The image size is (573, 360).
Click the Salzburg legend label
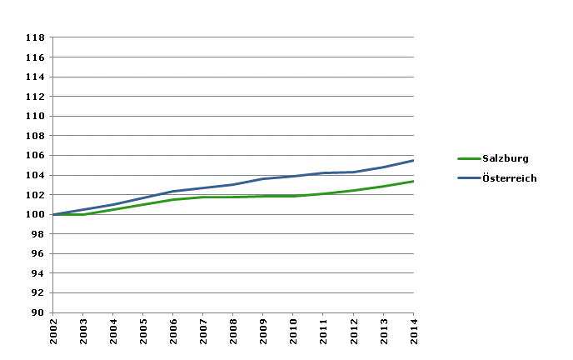pyautogui.click(x=506, y=158)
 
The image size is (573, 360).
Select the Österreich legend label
pyautogui.click(x=509, y=178)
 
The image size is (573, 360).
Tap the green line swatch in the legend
pyautogui.click(x=467, y=158)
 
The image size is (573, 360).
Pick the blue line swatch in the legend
pyautogui.click(x=467, y=178)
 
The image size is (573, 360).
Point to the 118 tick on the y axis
pyautogui.click(x=36, y=37)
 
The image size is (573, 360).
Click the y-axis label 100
pyautogui.click(x=36, y=214)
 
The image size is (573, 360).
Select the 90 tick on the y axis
pyautogui.click(x=38, y=312)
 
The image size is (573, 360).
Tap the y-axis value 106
pyautogui.click(x=36, y=155)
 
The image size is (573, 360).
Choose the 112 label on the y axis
pyautogui.click(x=36, y=97)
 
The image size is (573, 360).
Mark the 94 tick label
pyautogui.click(x=38, y=273)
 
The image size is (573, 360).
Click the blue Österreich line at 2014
pyautogui.click(x=412, y=161)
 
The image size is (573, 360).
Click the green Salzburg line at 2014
pyautogui.click(x=412, y=182)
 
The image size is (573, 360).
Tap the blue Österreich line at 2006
pyautogui.click(x=173, y=192)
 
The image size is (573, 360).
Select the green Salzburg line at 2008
pyautogui.click(x=233, y=197)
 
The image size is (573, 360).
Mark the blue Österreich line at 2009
pyautogui.click(x=263, y=179)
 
